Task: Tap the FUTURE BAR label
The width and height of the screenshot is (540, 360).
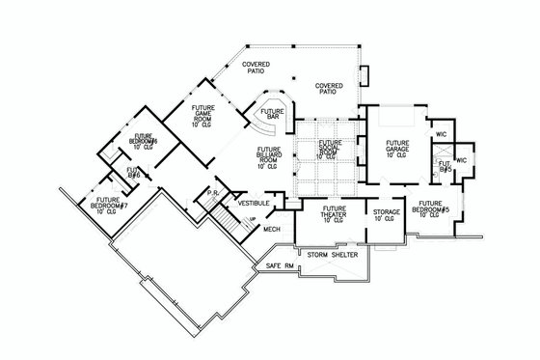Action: point(271,115)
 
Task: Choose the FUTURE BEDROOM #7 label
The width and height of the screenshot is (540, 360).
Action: point(97,204)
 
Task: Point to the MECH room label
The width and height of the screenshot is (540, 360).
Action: point(273,229)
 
